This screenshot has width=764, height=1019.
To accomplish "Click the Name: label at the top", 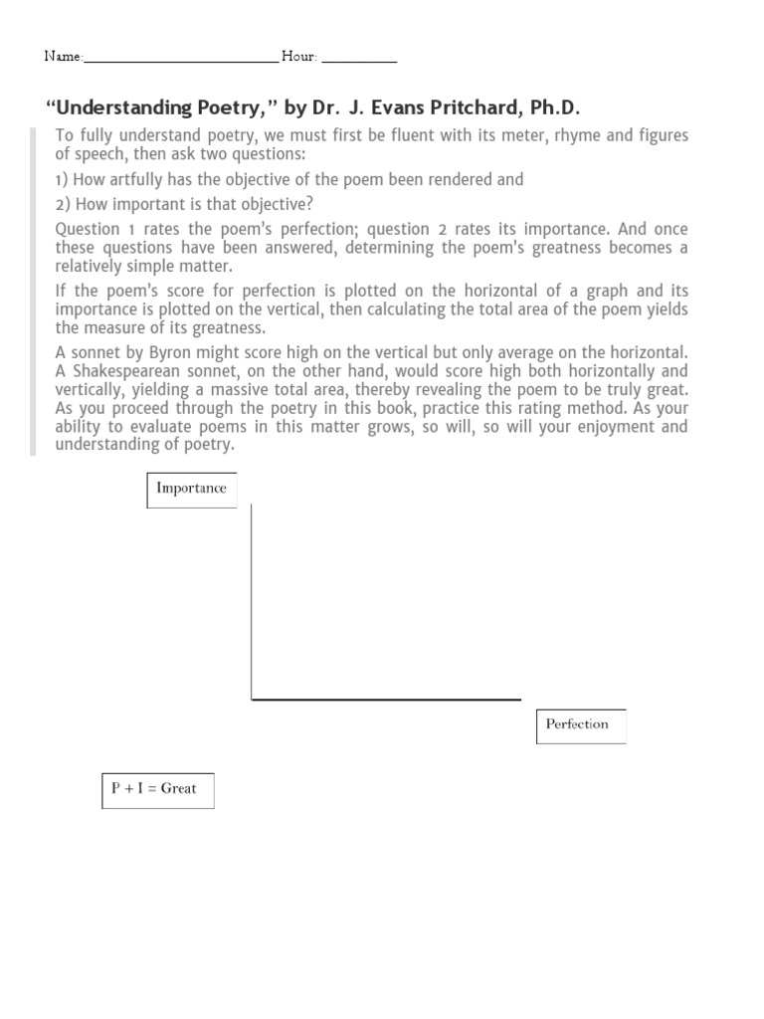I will pos(63,57).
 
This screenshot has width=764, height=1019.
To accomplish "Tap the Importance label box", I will pos(191,489).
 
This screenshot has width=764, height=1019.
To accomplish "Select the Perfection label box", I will pos(581,724).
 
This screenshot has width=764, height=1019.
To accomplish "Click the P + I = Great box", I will pos(157,789).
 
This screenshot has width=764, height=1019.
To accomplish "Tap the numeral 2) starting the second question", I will pos(63,204).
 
